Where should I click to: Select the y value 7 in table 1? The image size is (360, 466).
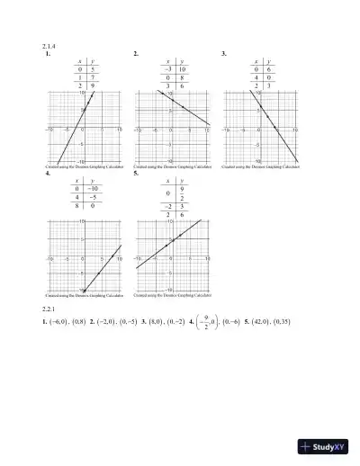tap(93, 76)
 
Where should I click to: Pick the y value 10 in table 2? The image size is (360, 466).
tap(181, 69)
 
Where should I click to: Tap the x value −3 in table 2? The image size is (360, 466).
tap(167, 69)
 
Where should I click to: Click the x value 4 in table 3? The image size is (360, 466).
tap(256, 76)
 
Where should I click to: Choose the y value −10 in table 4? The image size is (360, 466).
tap(94, 189)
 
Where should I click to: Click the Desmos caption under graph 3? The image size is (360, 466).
tap(261, 167)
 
